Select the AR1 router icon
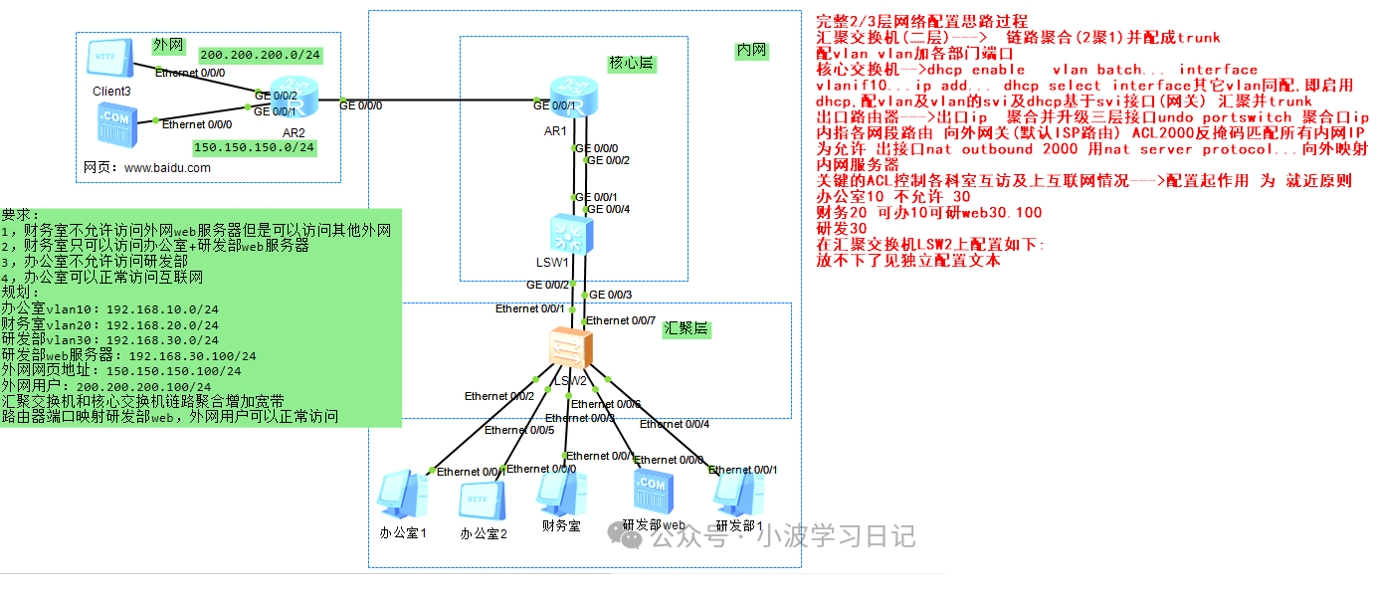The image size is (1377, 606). [x=570, y=97]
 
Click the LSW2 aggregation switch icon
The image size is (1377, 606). [x=570, y=349]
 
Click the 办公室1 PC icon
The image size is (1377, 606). [x=402, y=496]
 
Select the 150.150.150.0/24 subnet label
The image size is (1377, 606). [x=255, y=147]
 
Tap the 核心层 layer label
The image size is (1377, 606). [x=632, y=64]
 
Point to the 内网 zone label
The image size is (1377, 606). [x=751, y=50]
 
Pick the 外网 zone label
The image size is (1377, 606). [x=167, y=46]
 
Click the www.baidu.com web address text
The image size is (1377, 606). [x=167, y=168]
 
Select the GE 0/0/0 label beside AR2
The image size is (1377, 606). [x=360, y=103]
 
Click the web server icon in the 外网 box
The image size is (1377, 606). [x=111, y=124]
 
